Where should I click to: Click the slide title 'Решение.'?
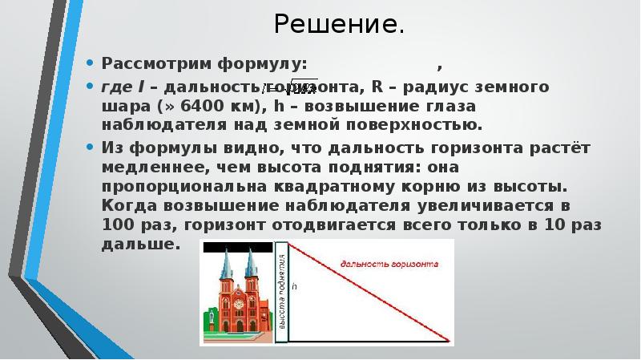tap(337, 25)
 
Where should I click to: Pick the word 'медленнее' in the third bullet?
tap(143, 167)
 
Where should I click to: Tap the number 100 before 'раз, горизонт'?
tap(118, 224)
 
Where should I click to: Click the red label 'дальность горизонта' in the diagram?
tap(389, 262)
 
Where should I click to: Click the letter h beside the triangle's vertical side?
tap(293, 285)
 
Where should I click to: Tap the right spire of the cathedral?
tap(251, 261)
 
